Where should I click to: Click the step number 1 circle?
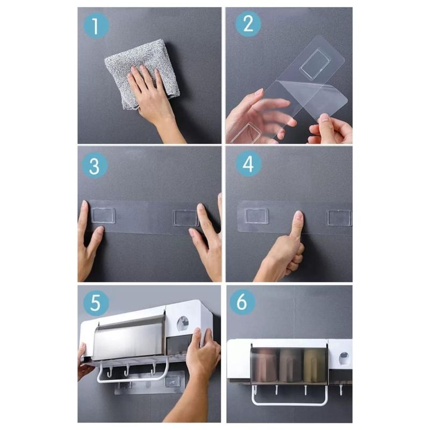(96, 25)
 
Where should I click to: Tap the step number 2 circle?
(248, 24)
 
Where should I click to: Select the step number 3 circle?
(95, 165)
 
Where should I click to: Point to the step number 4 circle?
(248, 163)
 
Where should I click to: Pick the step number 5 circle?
(96, 303)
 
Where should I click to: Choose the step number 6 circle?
(242, 302)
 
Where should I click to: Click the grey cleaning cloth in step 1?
(141, 74)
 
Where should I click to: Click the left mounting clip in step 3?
(103, 216)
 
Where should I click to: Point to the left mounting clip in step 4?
(257, 216)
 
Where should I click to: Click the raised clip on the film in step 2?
(315, 64)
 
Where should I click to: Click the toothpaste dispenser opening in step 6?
(344, 359)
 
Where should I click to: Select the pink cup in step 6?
(264, 365)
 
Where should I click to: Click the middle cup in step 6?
(290, 365)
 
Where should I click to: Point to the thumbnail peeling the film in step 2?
(325, 118)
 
